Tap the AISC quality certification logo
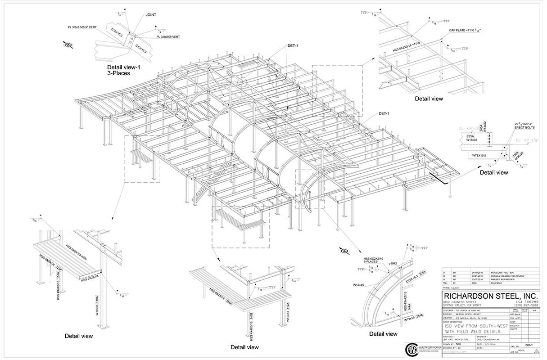click(411, 350)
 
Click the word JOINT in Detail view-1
click(151, 14)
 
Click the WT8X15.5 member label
click(482, 155)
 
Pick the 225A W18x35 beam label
click(471, 137)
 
